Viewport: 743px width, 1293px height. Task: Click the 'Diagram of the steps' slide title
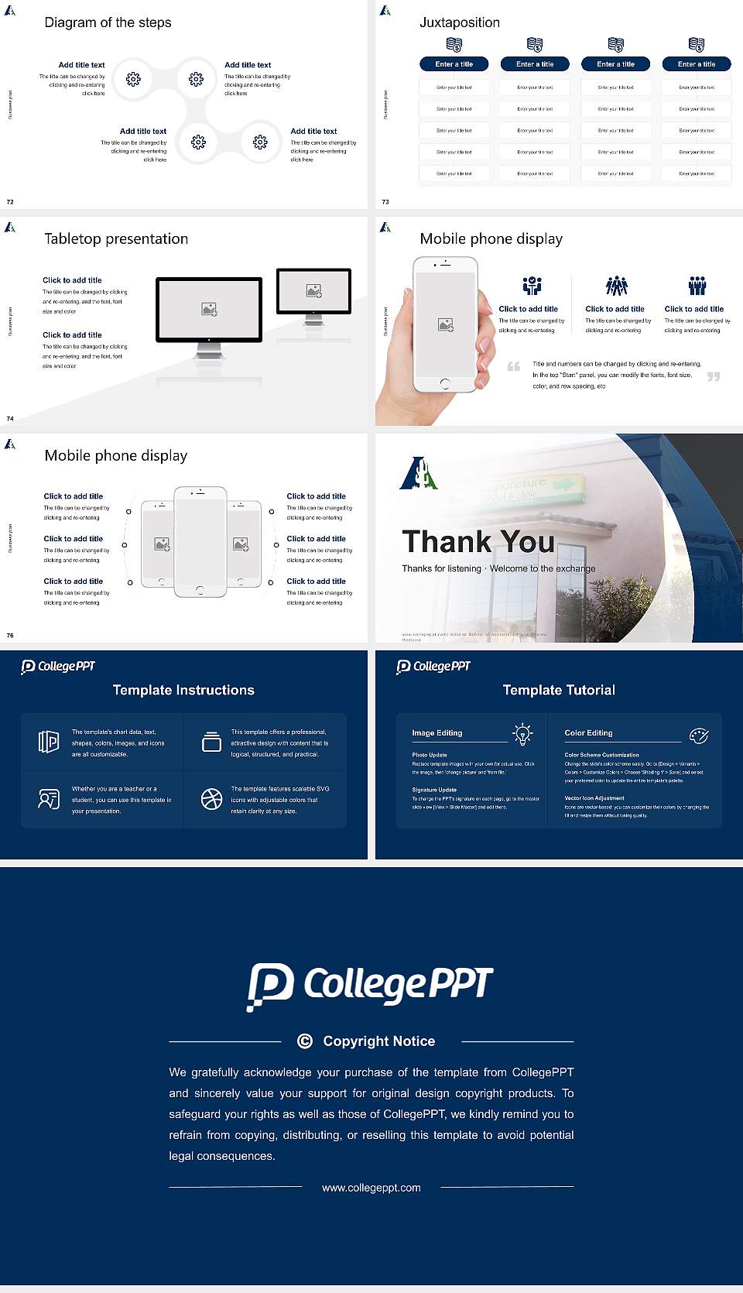[108, 22]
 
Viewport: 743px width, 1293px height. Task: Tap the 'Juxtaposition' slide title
[459, 22]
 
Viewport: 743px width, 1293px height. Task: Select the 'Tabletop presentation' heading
[116, 238]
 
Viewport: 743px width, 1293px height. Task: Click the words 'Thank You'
[478, 541]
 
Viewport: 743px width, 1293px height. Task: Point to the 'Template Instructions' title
[183, 690]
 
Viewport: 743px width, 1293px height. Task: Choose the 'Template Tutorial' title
[559, 690]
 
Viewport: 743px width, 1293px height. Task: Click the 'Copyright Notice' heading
[378, 1041]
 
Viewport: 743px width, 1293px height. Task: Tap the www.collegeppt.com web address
[371, 1188]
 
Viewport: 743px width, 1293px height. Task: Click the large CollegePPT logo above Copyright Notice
[370, 986]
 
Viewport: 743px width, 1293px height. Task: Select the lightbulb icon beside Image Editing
[522, 734]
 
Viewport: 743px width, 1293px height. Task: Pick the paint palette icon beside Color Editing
[699, 735]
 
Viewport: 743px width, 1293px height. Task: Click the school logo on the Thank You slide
[419, 473]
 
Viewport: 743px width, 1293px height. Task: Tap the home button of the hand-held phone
[444, 383]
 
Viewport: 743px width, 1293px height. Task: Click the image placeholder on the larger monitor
[209, 309]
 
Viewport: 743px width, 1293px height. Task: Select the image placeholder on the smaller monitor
[313, 290]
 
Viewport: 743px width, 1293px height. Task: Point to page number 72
[10, 201]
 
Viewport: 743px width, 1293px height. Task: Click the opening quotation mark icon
[514, 366]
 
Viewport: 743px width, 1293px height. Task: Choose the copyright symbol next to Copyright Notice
[305, 1041]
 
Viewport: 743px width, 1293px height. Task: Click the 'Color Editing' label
[588, 732]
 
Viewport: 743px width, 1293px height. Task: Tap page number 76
[10, 635]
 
